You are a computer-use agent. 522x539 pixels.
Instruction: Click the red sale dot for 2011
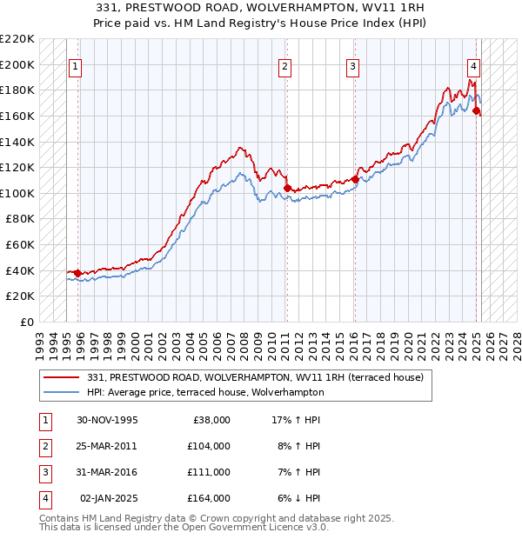287,188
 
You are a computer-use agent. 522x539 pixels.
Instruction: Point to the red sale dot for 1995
78,273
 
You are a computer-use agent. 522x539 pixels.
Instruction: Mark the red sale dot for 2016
355,179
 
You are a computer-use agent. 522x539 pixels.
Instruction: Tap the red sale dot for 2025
477,111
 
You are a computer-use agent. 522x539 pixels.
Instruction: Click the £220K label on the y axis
17,39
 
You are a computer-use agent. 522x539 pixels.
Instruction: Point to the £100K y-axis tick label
17,193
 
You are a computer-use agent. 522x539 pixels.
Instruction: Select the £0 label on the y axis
26,322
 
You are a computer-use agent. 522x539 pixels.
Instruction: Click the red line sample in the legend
63,377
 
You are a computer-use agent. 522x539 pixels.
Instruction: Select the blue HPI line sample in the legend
63,392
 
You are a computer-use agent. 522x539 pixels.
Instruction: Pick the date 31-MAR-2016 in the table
108,472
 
